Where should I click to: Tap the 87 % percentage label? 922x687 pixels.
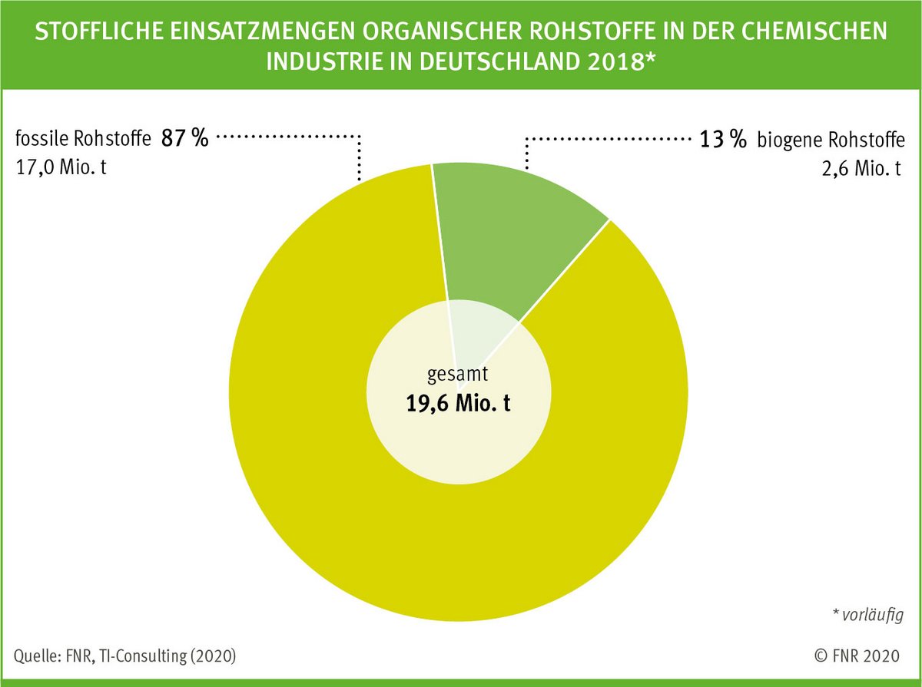point(184,140)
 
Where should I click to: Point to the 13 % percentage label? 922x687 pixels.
point(722,140)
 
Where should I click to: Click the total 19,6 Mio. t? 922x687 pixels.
point(458,404)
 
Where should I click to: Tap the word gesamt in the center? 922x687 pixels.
point(458,375)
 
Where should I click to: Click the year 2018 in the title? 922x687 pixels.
point(619,62)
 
